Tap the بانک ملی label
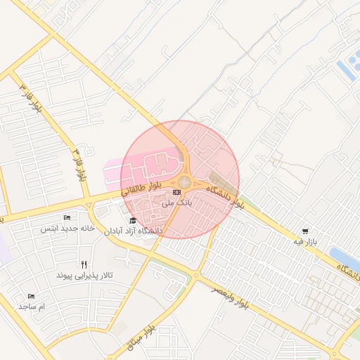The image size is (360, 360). [176, 202]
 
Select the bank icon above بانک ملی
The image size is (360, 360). [176, 192]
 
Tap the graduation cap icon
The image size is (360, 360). [132, 221]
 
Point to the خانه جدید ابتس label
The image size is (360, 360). [67, 229]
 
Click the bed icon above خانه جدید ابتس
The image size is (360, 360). [67, 218]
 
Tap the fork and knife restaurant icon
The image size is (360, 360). [84, 264]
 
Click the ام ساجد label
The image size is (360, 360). [32, 307]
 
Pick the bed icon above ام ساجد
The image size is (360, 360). [30, 297]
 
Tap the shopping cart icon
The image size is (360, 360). [304, 231]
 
